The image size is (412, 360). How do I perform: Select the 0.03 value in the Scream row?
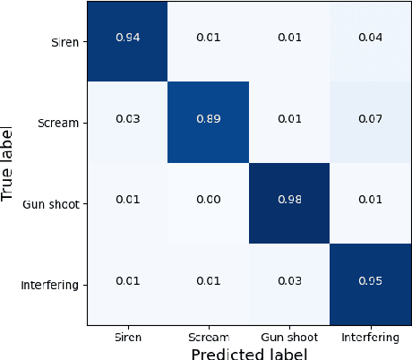click(126, 122)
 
